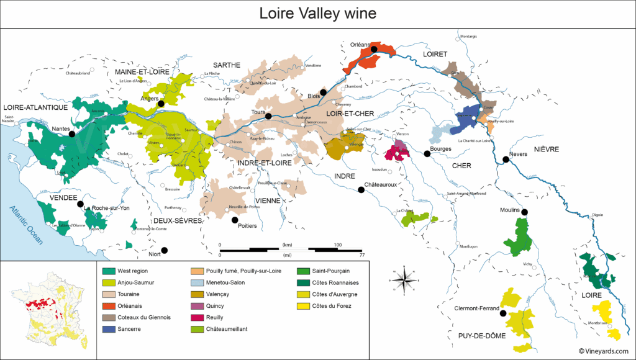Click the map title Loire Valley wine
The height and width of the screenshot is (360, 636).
[x=317, y=13]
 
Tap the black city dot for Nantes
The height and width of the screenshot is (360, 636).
[x=72, y=133]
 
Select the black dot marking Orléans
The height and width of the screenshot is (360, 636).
[x=374, y=49]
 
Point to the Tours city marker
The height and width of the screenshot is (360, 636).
[x=269, y=116]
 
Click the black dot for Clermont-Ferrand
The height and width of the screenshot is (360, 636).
[x=503, y=313]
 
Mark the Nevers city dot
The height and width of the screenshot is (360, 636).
[x=506, y=160]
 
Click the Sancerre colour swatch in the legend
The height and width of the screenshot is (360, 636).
[x=108, y=328]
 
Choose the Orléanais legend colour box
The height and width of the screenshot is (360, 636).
[x=108, y=305]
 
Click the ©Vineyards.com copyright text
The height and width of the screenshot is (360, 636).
[x=605, y=351]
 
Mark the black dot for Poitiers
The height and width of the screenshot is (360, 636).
[x=235, y=220]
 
